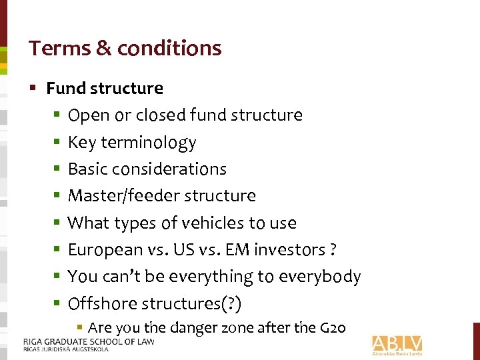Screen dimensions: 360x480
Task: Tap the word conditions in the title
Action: pyautogui.click(x=169, y=48)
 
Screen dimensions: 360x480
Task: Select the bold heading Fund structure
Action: pyautogui.click(x=105, y=88)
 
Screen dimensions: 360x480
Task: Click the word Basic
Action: pyautogui.click(x=91, y=169)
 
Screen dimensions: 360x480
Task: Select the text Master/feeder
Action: pyautogui.click(x=124, y=196)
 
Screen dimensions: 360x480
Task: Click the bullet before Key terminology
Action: pyautogui.click(x=57, y=143)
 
